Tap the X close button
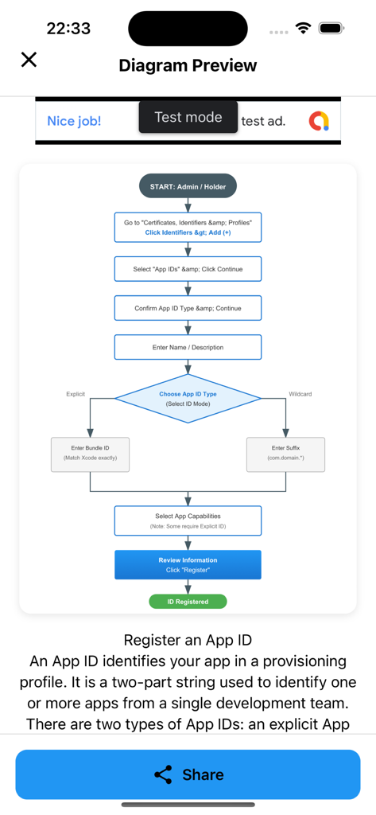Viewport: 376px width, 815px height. tap(29, 60)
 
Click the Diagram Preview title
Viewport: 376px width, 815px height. tap(188, 65)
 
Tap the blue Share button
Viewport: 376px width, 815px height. tap(188, 774)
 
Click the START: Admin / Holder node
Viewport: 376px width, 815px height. tap(188, 186)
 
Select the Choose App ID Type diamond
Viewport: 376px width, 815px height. tap(188, 399)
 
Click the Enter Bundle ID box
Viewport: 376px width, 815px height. tap(90, 454)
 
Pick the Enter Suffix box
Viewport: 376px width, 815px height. tap(285, 454)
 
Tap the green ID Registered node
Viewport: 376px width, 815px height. tap(188, 602)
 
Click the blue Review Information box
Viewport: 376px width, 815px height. tap(188, 565)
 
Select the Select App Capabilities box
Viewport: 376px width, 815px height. tap(188, 521)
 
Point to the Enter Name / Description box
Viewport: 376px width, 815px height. tap(188, 347)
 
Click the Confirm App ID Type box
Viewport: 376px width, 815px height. tap(188, 308)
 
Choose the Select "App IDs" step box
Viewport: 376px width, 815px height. tap(188, 269)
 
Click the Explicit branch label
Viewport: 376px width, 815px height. tap(76, 394)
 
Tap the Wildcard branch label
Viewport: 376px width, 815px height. tap(300, 394)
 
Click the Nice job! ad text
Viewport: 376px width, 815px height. tap(74, 121)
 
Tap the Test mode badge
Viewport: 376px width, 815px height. tap(188, 117)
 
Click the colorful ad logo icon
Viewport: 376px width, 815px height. tap(319, 121)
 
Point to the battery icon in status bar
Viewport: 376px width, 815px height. tap(331, 28)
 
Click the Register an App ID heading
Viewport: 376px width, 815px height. tap(188, 640)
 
